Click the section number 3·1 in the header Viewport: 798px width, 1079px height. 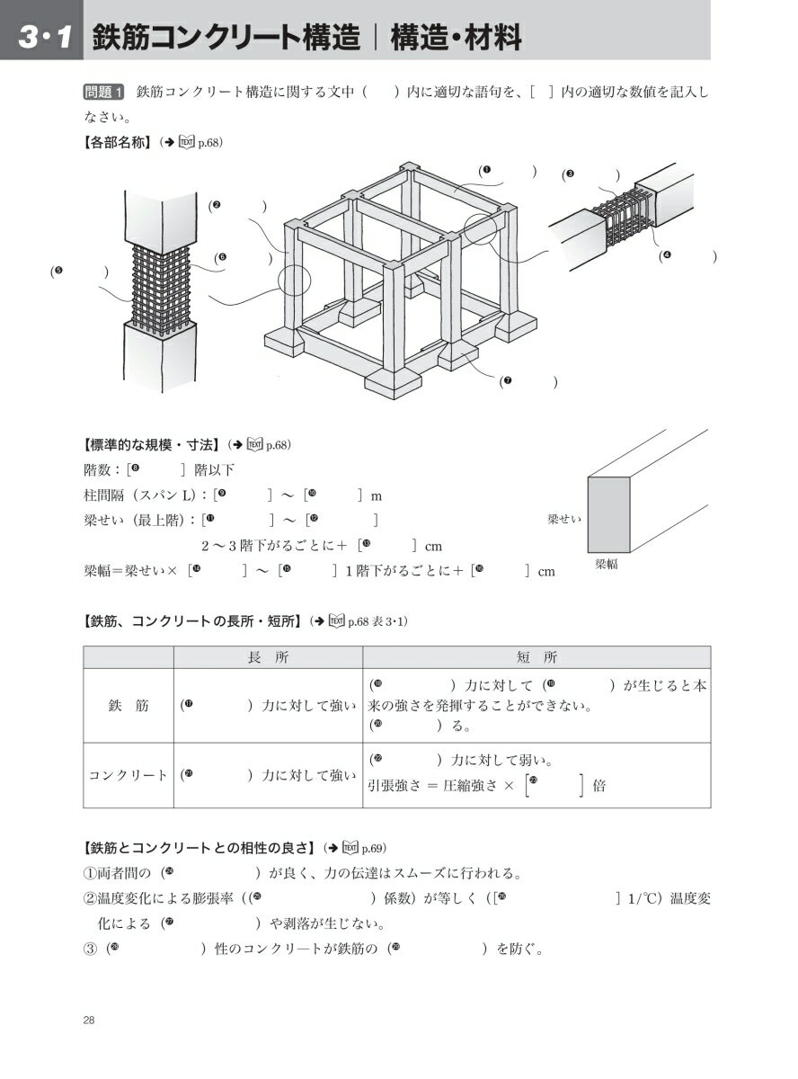coord(45,38)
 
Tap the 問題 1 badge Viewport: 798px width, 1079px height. coord(103,92)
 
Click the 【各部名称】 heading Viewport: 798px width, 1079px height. coord(118,143)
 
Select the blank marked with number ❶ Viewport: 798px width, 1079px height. coord(507,171)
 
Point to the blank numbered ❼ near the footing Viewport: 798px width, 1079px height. coord(528,382)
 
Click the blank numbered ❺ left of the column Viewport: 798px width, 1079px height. coord(79,272)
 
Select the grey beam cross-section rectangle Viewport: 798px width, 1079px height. coord(608,514)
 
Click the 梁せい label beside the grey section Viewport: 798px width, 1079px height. coord(564,519)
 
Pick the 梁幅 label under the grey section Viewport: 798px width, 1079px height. coord(607,564)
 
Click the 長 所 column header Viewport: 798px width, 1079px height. coord(268,657)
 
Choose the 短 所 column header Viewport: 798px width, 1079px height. coord(536,657)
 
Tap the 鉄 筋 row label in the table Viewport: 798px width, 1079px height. coord(129,705)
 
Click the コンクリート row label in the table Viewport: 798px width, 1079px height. coord(129,775)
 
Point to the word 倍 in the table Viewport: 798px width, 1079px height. coord(599,786)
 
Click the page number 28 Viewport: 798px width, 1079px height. coord(89,1021)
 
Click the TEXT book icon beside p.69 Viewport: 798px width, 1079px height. coord(350,848)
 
